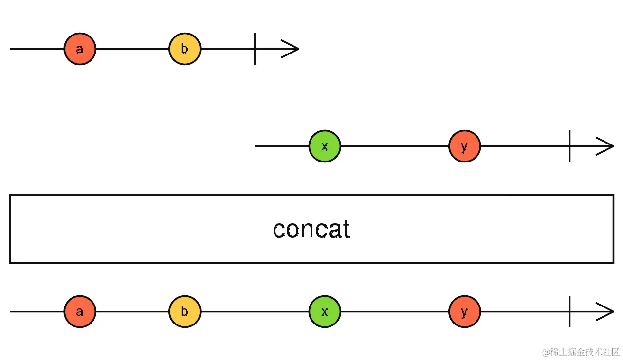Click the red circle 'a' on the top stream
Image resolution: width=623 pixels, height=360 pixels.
(80, 49)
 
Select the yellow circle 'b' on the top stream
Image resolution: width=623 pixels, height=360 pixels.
(185, 49)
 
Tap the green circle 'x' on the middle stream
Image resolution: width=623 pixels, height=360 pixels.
(325, 146)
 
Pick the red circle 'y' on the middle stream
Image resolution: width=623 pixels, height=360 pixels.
(464, 146)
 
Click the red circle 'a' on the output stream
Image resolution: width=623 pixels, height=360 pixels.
(80, 311)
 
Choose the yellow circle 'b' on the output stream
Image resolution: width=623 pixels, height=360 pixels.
(185, 311)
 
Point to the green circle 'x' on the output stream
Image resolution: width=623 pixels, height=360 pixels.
(325, 311)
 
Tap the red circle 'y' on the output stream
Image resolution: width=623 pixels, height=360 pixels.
(464, 311)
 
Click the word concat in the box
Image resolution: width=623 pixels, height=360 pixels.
(311, 229)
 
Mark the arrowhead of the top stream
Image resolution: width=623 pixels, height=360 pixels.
(292, 49)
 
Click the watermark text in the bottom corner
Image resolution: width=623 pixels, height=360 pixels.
(581, 352)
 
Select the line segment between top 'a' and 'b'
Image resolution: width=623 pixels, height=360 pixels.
(132, 49)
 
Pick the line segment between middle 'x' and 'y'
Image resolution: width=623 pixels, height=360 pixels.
(394, 146)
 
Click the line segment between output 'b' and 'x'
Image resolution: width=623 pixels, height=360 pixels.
(255, 311)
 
